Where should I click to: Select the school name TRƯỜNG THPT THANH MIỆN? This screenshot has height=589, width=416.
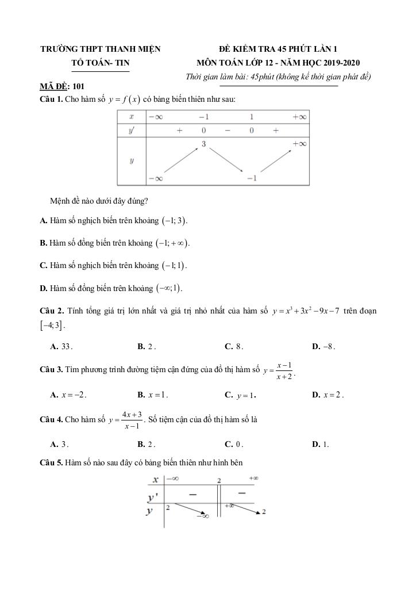(x=101, y=49)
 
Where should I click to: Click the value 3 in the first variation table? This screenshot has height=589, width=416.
(x=203, y=144)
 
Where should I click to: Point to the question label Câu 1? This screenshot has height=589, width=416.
(x=50, y=100)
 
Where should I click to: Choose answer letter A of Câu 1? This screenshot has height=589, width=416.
(x=43, y=221)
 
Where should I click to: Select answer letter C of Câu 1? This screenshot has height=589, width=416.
(x=43, y=266)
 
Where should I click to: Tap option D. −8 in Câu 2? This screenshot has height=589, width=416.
(x=323, y=347)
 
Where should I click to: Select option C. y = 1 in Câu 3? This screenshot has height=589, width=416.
(x=241, y=396)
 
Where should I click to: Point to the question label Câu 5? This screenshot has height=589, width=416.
(x=51, y=462)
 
